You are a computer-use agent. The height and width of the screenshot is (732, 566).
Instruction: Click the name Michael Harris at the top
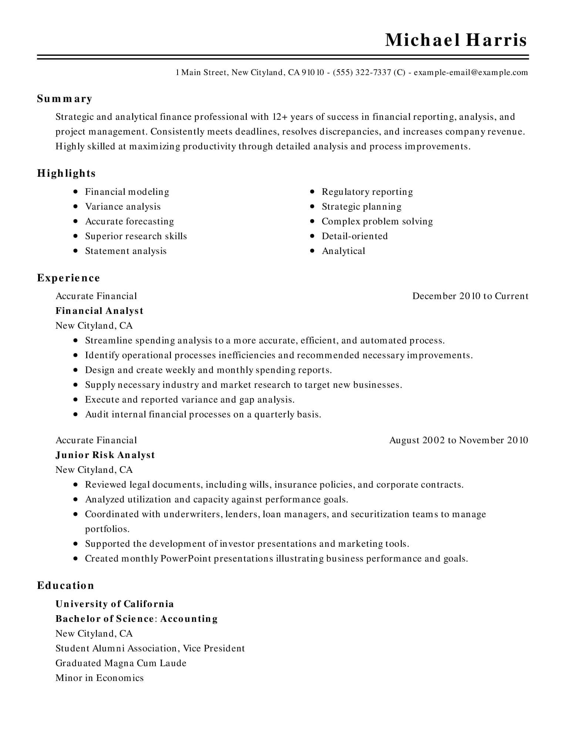[456, 40]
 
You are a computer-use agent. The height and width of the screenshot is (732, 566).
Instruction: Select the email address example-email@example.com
[471, 72]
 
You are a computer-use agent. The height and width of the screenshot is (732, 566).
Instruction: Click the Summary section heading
[65, 99]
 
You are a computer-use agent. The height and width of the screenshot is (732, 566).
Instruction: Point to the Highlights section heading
[66, 173]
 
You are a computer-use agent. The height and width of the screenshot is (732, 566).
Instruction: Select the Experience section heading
[68, 278]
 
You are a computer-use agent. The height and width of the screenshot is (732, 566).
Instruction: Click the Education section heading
[65, 586]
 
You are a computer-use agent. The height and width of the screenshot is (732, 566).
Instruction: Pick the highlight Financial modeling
[127, 192]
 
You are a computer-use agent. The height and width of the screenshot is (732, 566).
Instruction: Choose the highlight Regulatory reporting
[367, 192]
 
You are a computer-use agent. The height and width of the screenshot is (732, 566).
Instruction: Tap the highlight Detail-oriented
[354, 236]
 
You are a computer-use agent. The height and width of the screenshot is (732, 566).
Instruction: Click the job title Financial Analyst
[99, 311]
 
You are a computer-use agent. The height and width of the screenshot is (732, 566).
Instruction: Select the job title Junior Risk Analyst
[105, 455]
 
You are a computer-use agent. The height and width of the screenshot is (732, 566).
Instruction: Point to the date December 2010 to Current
[470, 296]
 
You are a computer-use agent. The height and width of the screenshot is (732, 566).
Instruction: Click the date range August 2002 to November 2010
[459, 440]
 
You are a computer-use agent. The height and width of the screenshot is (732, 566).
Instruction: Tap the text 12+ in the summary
[280, 117]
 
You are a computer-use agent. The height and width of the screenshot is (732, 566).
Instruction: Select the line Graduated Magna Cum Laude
[121, 663]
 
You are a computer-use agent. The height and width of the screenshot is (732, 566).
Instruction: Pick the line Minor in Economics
[100, 678]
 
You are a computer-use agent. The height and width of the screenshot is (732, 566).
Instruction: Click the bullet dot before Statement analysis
[76, 251]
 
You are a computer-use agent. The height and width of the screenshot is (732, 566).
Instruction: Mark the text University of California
[115, 604]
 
